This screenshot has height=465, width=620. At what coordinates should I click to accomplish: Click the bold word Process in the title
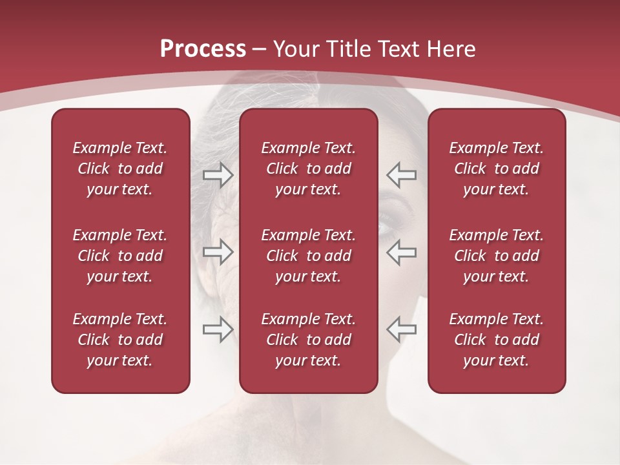pyautogui.click(x=202, y=48)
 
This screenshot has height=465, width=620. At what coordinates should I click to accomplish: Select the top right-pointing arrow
pyautogui.click(x=218, y=175)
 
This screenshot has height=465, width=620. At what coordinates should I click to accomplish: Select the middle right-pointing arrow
pyautogui.click(x=218, y=252)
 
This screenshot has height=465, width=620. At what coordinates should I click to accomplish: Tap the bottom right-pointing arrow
pyautogui.click(x=218, y=329)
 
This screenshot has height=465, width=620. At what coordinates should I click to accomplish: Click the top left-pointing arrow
pyautogui.click(x=401, y=175)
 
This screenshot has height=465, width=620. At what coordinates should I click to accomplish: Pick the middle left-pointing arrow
pyautogui.click(x=401, y=252)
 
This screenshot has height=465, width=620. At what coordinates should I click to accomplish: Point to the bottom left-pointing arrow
pyautogui.click(x=401, y=329)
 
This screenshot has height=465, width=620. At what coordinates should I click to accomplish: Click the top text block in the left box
pyautogui.click(x=120, y=169)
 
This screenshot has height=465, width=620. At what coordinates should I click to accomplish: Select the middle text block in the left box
pyautogui.click(x=120, y=256)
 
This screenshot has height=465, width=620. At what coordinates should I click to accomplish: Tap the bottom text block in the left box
pyautogui.click(x=120, y=340)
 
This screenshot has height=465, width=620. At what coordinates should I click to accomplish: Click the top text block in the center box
pyautogui.click(x=308, y=169)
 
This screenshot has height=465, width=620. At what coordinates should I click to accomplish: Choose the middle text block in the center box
pyautogui.click(x=308, y=256)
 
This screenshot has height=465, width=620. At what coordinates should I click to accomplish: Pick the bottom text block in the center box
pyautogui.click(x=308, y=340)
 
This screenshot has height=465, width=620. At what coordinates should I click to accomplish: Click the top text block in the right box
pyautogui.click(x=496, y=169)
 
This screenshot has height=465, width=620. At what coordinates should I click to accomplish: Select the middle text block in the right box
pyautogui.click(x=496, y=256)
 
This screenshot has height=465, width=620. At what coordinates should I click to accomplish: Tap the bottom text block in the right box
pyautogui.click(x=496, y=340)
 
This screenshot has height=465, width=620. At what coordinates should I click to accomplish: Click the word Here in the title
pyautogui.click(x=451, y=49)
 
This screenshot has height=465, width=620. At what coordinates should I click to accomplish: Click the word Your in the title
pyautogui.click(x=295, y=49)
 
